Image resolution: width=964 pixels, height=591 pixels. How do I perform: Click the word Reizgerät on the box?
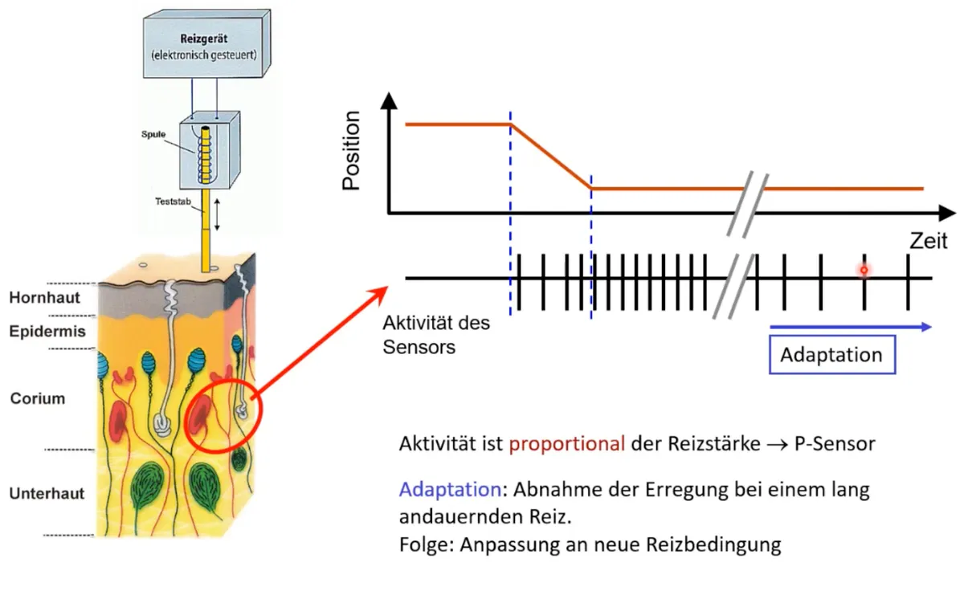[x=203, y=39]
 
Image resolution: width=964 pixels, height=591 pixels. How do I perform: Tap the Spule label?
[x=153, y=134]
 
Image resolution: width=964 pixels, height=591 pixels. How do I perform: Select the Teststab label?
[x=173, y=202]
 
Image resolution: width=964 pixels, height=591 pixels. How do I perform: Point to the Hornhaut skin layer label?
[x=45, y=298]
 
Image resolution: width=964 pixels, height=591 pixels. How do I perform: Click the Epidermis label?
[x=47, y=332]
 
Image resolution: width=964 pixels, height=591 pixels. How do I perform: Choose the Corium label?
[x=38, y=398]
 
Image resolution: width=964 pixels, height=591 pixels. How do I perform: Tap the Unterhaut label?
[x=47, y=493]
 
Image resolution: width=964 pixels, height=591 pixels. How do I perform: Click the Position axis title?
[x=351, y=150]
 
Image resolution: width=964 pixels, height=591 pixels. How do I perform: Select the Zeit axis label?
[x=929, y=241]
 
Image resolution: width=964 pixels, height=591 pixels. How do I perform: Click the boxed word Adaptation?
[x=831, y=355]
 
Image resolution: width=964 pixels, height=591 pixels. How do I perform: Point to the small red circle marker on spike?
[x=864, y=270]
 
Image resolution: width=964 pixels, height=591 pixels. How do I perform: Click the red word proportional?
[x=567, y=444]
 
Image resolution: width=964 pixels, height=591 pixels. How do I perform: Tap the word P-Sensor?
[x=835, y=444]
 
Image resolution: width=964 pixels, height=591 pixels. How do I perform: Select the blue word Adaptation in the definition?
[x=450, y=490]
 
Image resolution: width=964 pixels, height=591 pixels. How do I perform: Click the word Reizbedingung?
[x=713, y=545]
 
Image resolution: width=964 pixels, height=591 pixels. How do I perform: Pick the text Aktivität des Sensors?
[x=436, y=335]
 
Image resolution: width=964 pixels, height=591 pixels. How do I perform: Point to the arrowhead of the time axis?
[x=947, y=213]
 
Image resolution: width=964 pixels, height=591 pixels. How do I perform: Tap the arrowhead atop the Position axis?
[x=389, y=100]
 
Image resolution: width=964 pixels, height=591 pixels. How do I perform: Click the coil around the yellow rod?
[x=205, y=155]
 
